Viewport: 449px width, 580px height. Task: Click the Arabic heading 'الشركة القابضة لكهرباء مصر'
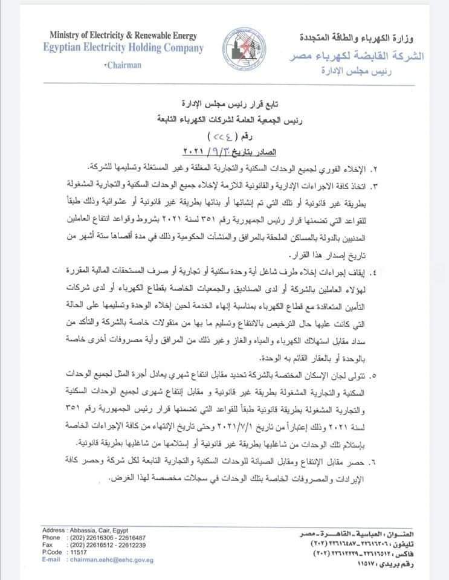click(x=355, y=56)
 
